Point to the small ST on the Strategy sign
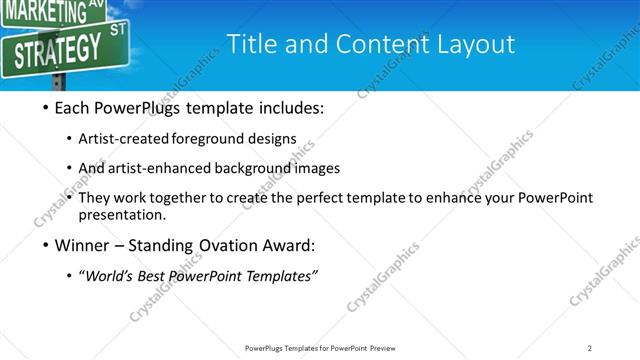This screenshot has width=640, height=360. pyautogui.click(x=118, y=30)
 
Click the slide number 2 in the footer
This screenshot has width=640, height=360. pyautogui.click(x=590, y=348)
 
